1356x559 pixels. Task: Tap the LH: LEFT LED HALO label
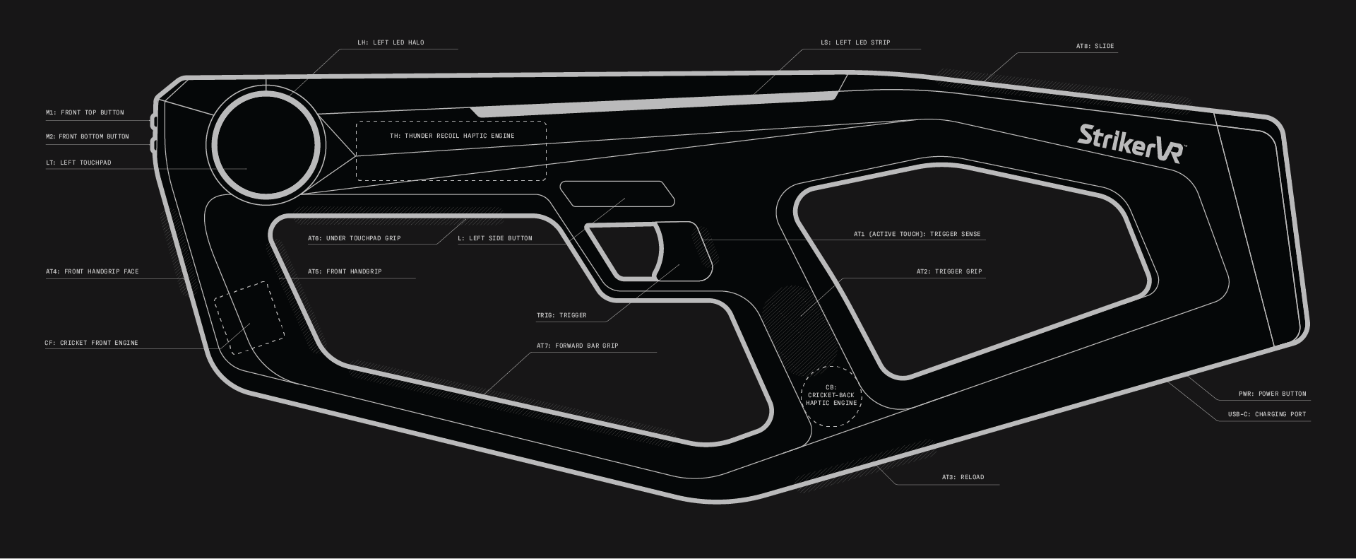391,42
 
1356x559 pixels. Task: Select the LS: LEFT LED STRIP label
855,42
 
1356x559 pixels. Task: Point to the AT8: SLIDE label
1095,46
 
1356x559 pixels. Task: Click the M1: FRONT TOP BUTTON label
85,112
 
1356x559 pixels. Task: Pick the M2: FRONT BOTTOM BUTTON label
88,136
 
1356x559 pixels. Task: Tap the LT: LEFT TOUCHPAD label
78,163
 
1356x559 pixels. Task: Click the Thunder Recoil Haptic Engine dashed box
451,151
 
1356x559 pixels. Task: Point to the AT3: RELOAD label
963,477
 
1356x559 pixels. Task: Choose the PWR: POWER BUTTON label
1273,394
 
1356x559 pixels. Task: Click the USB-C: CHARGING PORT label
1267,414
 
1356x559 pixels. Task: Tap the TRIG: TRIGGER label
561,315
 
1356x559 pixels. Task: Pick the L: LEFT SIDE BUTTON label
495,238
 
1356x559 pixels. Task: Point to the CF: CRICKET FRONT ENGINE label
92,343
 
